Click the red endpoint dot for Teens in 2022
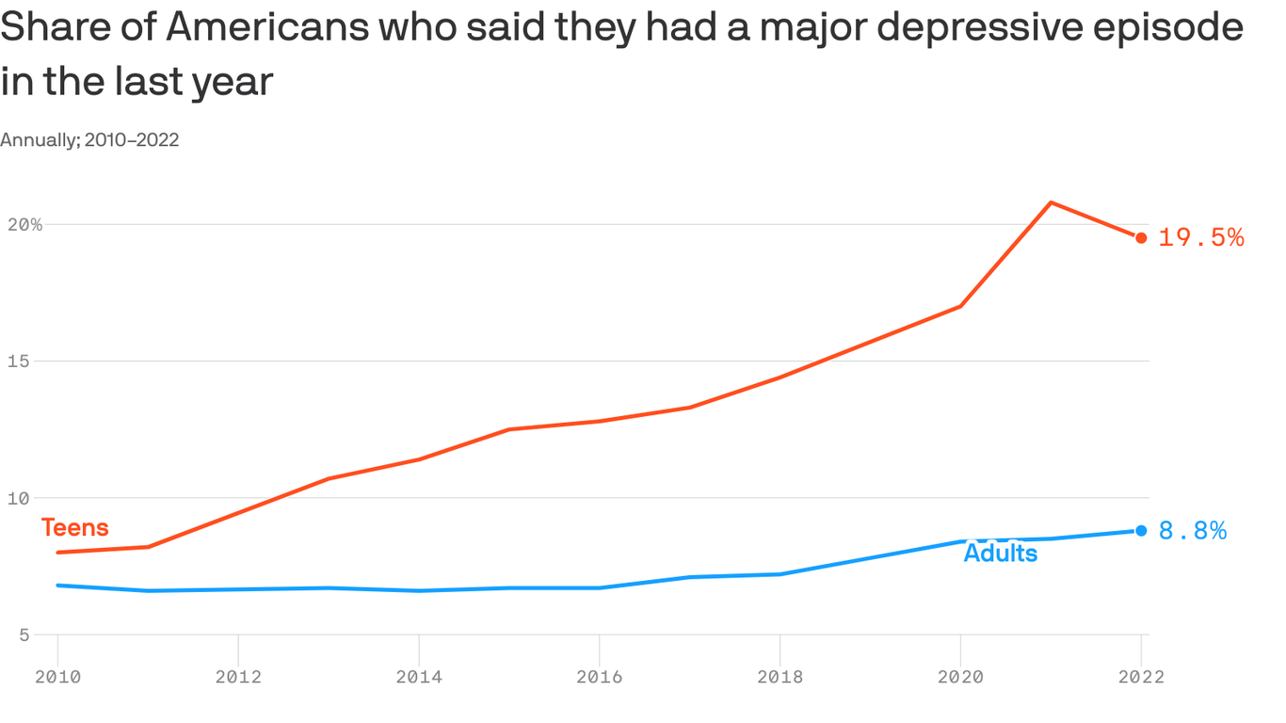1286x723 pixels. pos(1141,238)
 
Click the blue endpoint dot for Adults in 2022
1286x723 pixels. pos(1141,531)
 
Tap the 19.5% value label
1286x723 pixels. pos(1200,238)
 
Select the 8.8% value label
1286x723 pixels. pos(1192,531)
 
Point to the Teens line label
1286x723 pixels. pos(75,528)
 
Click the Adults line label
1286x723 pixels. pos(1001,554)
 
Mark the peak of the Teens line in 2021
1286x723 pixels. pos(1051,202)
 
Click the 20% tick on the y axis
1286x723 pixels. pos(24,225)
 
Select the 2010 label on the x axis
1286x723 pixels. pos(57,677)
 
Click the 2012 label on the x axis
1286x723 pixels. pos(238,677)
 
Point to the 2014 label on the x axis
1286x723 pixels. pos(419,677)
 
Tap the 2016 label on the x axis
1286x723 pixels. pos(600,677)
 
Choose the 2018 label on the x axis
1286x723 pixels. pos(780,677)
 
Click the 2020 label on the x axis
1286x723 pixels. pos(961,677)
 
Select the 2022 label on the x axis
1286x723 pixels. pos(1141,677)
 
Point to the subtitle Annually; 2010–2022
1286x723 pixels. pos(89,140)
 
